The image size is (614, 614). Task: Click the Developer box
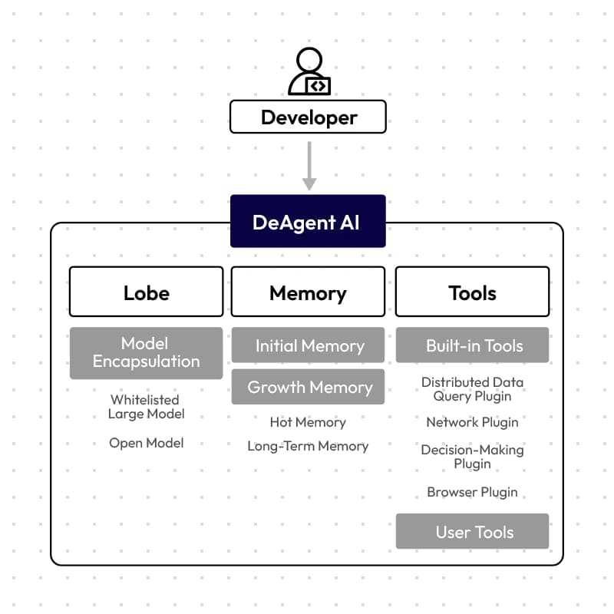(309, 117)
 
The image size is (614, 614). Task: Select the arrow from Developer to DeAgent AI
(309, 166)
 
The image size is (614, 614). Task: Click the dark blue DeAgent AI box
(309, 221)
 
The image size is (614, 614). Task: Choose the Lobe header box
(147, 292)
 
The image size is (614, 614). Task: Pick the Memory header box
(309, 292)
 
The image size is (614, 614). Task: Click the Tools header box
(472, 292)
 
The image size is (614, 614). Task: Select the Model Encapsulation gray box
(147, 353)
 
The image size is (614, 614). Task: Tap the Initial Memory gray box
(309, 345)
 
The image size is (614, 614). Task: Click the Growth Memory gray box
(309, 387)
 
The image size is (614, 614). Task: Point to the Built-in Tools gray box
(472, 345)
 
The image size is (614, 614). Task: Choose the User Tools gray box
(472, 531)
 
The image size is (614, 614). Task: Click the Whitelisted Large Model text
(146, 407)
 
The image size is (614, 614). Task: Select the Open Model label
(146, 443)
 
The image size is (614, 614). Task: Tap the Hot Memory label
(308, 422)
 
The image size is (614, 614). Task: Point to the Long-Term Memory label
(308, 446)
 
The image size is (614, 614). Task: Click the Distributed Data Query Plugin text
(472, 389)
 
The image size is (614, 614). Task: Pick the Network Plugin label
(472, 423)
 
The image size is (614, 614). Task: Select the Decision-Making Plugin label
(472, 457)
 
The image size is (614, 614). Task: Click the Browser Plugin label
(472, 492)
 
